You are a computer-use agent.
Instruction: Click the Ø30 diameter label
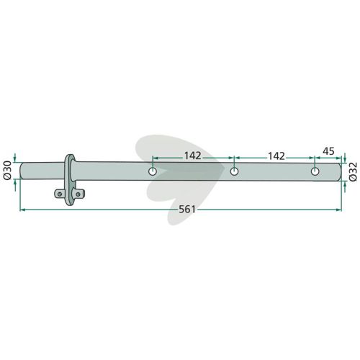point(7,171)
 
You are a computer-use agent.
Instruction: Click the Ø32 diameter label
point(353,171)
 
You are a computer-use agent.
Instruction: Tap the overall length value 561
point(187,210)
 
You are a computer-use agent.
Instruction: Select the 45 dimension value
point(328,151)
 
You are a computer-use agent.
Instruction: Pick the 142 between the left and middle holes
point(192,156)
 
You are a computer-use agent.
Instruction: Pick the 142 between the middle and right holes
point(276,156)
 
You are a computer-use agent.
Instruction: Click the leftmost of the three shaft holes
point(153,171)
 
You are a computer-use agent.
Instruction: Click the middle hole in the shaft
point(234,171)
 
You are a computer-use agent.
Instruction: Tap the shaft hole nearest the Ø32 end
point(315,171)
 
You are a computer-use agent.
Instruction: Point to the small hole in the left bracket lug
point(60,194)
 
